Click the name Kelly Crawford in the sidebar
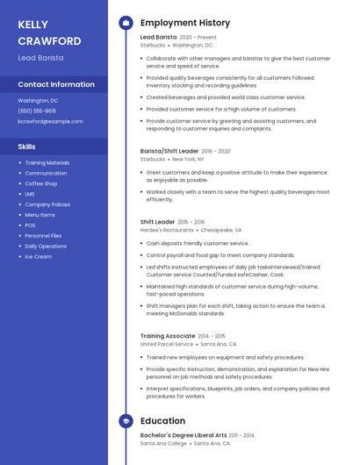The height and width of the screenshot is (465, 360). point(49,32)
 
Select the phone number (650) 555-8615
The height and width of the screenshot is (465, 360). point(37,111)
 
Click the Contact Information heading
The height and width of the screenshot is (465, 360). point(56,85)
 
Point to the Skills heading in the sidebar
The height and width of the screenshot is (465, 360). point(27,147)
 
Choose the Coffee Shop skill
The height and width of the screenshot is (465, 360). point(40,183)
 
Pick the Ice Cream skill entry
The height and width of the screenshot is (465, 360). point(38,256)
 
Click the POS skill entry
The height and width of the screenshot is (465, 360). point(30,225)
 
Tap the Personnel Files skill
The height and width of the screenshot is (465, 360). point(43,236)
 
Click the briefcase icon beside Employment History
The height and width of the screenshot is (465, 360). point(126,22)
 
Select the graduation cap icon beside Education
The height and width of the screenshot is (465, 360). point(126,421)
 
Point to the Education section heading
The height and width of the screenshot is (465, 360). point(162,421)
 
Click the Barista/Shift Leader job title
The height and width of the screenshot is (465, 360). point(169,151)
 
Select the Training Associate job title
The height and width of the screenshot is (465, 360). point(168,336)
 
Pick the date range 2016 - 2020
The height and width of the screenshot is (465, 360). point(216,151)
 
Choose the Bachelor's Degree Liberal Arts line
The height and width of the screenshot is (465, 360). point(184,435)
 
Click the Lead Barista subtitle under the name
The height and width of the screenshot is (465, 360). point(40,58)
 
